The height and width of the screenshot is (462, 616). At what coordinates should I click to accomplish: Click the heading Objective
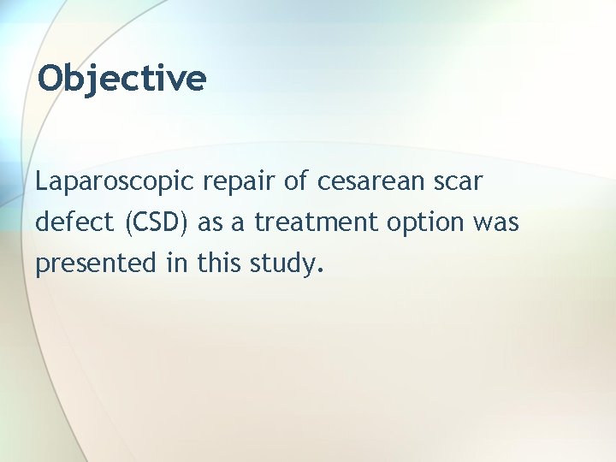tap(122, 79)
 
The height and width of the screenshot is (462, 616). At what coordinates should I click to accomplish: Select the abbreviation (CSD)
tap(159, 222)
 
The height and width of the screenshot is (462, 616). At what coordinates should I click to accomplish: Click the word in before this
tap(176, 264)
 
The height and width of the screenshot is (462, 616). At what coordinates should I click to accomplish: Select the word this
tap(220, 264)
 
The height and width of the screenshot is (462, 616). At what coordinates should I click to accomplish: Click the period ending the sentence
tap(321, 272)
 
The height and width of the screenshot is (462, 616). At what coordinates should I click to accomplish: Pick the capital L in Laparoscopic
tap(42, 181)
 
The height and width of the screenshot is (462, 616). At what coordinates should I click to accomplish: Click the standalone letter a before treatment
tap(240, 225)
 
